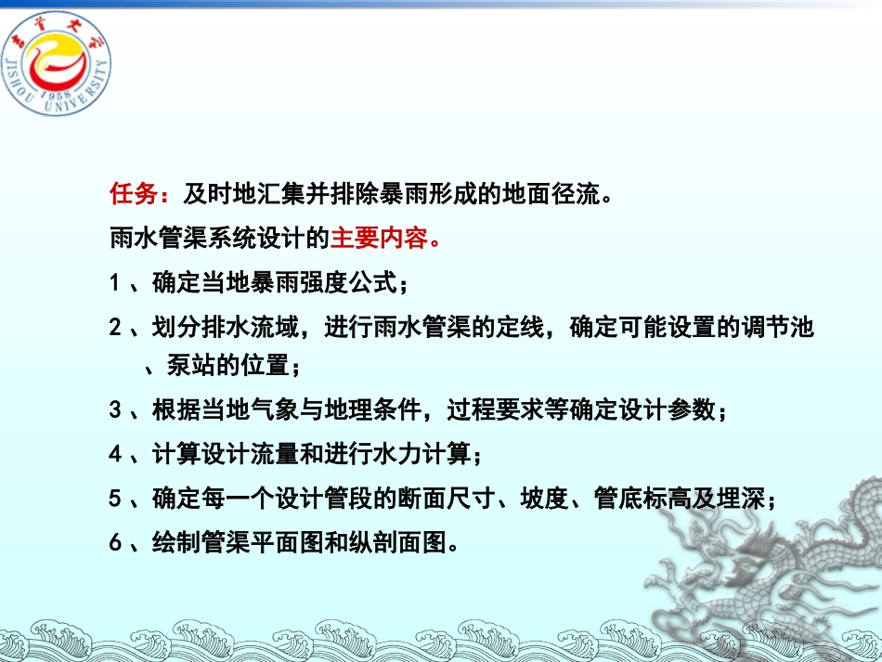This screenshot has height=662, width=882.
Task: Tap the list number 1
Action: coord(114,281)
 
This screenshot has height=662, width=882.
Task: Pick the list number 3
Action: coord(114,409)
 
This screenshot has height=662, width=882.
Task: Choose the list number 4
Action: coord(114,454)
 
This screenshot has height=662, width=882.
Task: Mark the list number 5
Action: coord(114,499)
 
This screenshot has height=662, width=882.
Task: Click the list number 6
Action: coord(114,542)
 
